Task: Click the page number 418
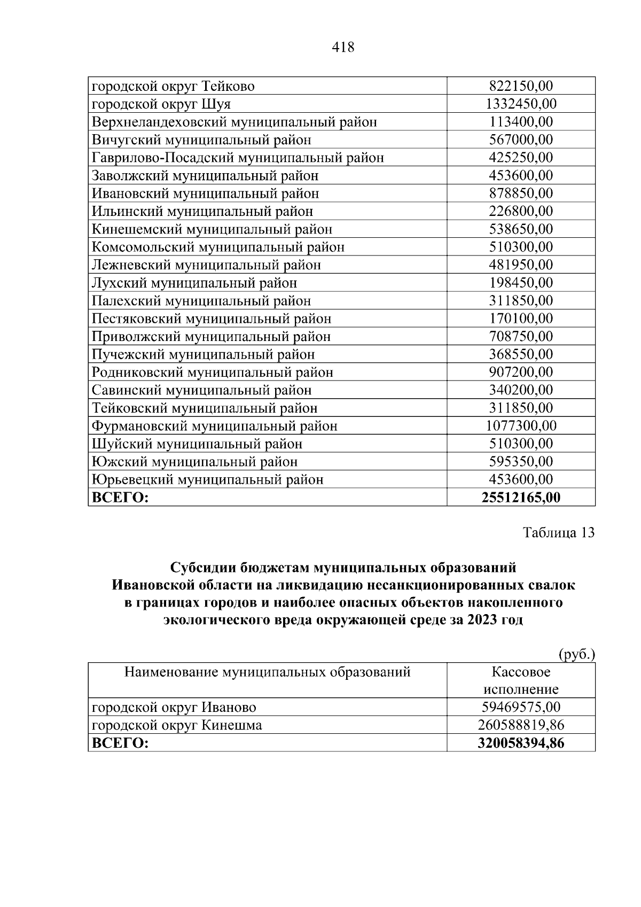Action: point(343,48)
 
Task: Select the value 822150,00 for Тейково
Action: point(521,86)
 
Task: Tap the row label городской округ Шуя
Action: point(161,104)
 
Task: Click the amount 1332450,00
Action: point(521,104)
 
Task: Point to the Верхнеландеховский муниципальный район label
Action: point(234,122)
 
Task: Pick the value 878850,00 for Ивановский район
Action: point(521,193)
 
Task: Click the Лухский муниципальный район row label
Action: point(194,283)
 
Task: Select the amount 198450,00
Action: point(521,283)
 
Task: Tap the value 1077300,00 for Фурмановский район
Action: point(521,426)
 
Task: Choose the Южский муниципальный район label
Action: point(195,462)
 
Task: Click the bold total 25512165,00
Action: point(521,498)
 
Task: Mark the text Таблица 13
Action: point(558,533)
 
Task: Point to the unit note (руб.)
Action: point(576,654)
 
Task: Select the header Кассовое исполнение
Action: point(521,680)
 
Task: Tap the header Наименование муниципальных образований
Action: point(267,672)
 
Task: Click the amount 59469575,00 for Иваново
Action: point(521,707)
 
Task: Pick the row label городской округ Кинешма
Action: point(177,725)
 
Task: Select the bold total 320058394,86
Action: point(521,743)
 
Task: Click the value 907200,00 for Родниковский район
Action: point(521,372)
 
